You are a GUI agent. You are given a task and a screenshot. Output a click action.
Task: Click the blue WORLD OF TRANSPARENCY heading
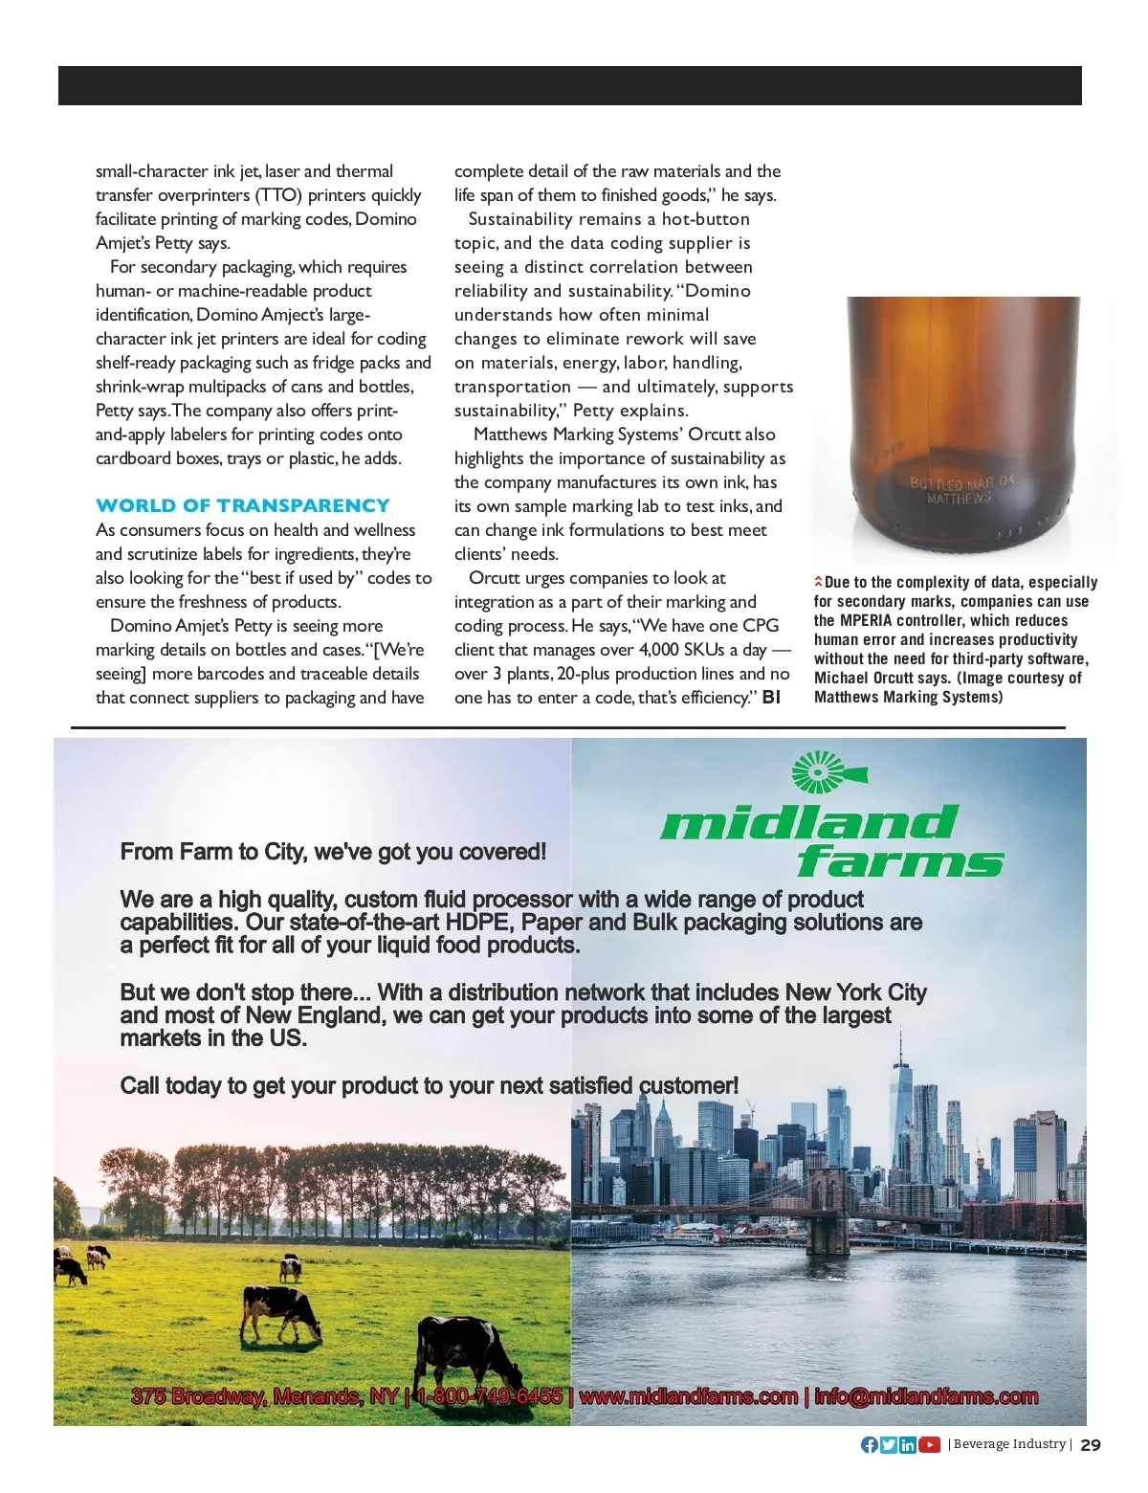point(242,505)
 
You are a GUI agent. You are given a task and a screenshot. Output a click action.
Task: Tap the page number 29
point(1091,1445)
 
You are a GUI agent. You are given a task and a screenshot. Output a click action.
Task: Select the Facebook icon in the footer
point(869,1445)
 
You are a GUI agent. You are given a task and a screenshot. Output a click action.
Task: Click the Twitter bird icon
point(889,1445)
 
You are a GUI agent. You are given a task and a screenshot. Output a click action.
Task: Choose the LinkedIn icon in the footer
point(907,1445)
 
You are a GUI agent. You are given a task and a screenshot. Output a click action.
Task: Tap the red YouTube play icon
point(929,1445)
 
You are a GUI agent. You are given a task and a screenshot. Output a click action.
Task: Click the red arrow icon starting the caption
point(818,582)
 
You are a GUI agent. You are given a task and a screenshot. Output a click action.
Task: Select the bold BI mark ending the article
point(771,698)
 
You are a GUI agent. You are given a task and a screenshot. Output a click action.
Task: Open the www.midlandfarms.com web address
point(689,1396)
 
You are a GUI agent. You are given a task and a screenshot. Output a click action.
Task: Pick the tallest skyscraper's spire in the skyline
point(899,1043)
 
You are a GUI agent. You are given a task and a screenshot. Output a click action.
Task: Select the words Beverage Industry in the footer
point(1009,1444)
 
